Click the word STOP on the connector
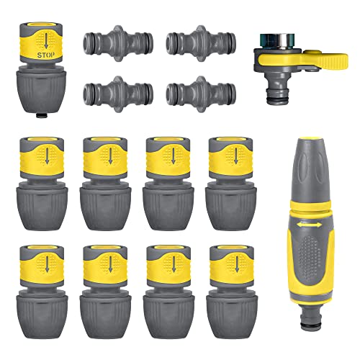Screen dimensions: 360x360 [x=46, y=55]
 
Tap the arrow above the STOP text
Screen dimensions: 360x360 [x=46, y=40]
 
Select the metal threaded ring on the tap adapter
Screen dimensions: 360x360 [x=277, y=40]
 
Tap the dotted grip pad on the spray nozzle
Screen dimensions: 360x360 [x=309, y=258]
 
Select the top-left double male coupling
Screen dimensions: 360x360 [x=118, y=43]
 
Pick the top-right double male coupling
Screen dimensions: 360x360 [x=201, y=43]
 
